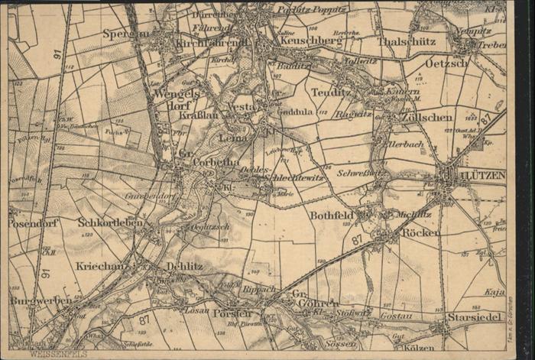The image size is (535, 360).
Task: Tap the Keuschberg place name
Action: tap(310, 41)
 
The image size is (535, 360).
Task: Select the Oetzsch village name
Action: tap(446, 63)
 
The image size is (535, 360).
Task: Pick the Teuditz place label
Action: tap(331, 92)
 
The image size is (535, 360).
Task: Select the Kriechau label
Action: tap(100, 265)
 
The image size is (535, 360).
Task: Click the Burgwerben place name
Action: tap(41, 300)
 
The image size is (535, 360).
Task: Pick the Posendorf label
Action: tap(34, 223)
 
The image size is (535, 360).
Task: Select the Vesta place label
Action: tap(242, 108)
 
